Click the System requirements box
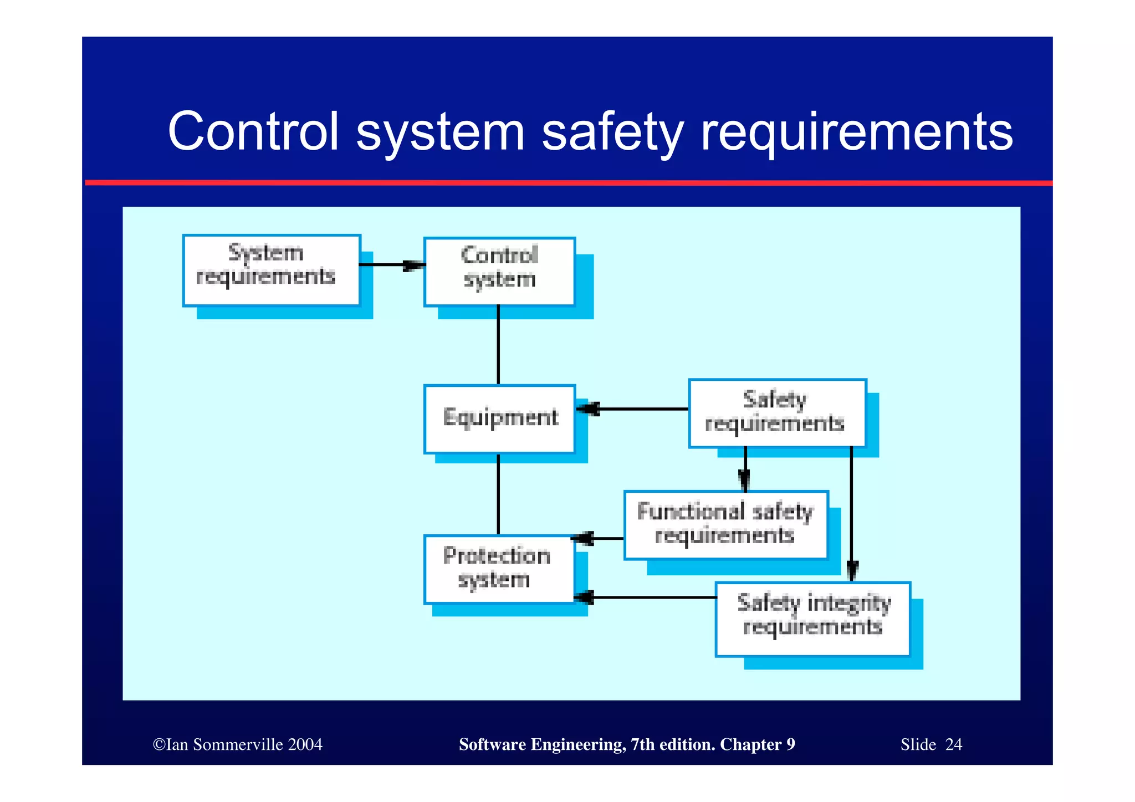coord(272,270)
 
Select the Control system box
coord(499,272)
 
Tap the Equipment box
coord(499,419)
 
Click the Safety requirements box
coord(777,413)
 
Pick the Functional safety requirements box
coord(725,524)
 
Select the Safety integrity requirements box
coord(812,619)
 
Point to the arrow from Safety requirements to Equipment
coord(637,409)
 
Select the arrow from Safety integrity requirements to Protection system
coord(648,597)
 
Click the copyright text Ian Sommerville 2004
coord(238,744)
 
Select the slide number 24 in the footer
coord(953,744)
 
